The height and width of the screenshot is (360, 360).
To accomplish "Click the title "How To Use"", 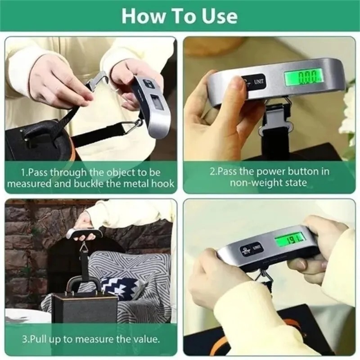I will (x=179, y=16).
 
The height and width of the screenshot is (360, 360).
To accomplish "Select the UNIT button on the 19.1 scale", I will (x=256, y=247).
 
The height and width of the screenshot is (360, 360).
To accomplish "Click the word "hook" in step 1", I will (x=163, y=184).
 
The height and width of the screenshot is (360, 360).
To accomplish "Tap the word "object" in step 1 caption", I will (x=105, y=172).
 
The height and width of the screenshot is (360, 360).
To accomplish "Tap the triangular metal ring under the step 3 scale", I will (x=84, y=247).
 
